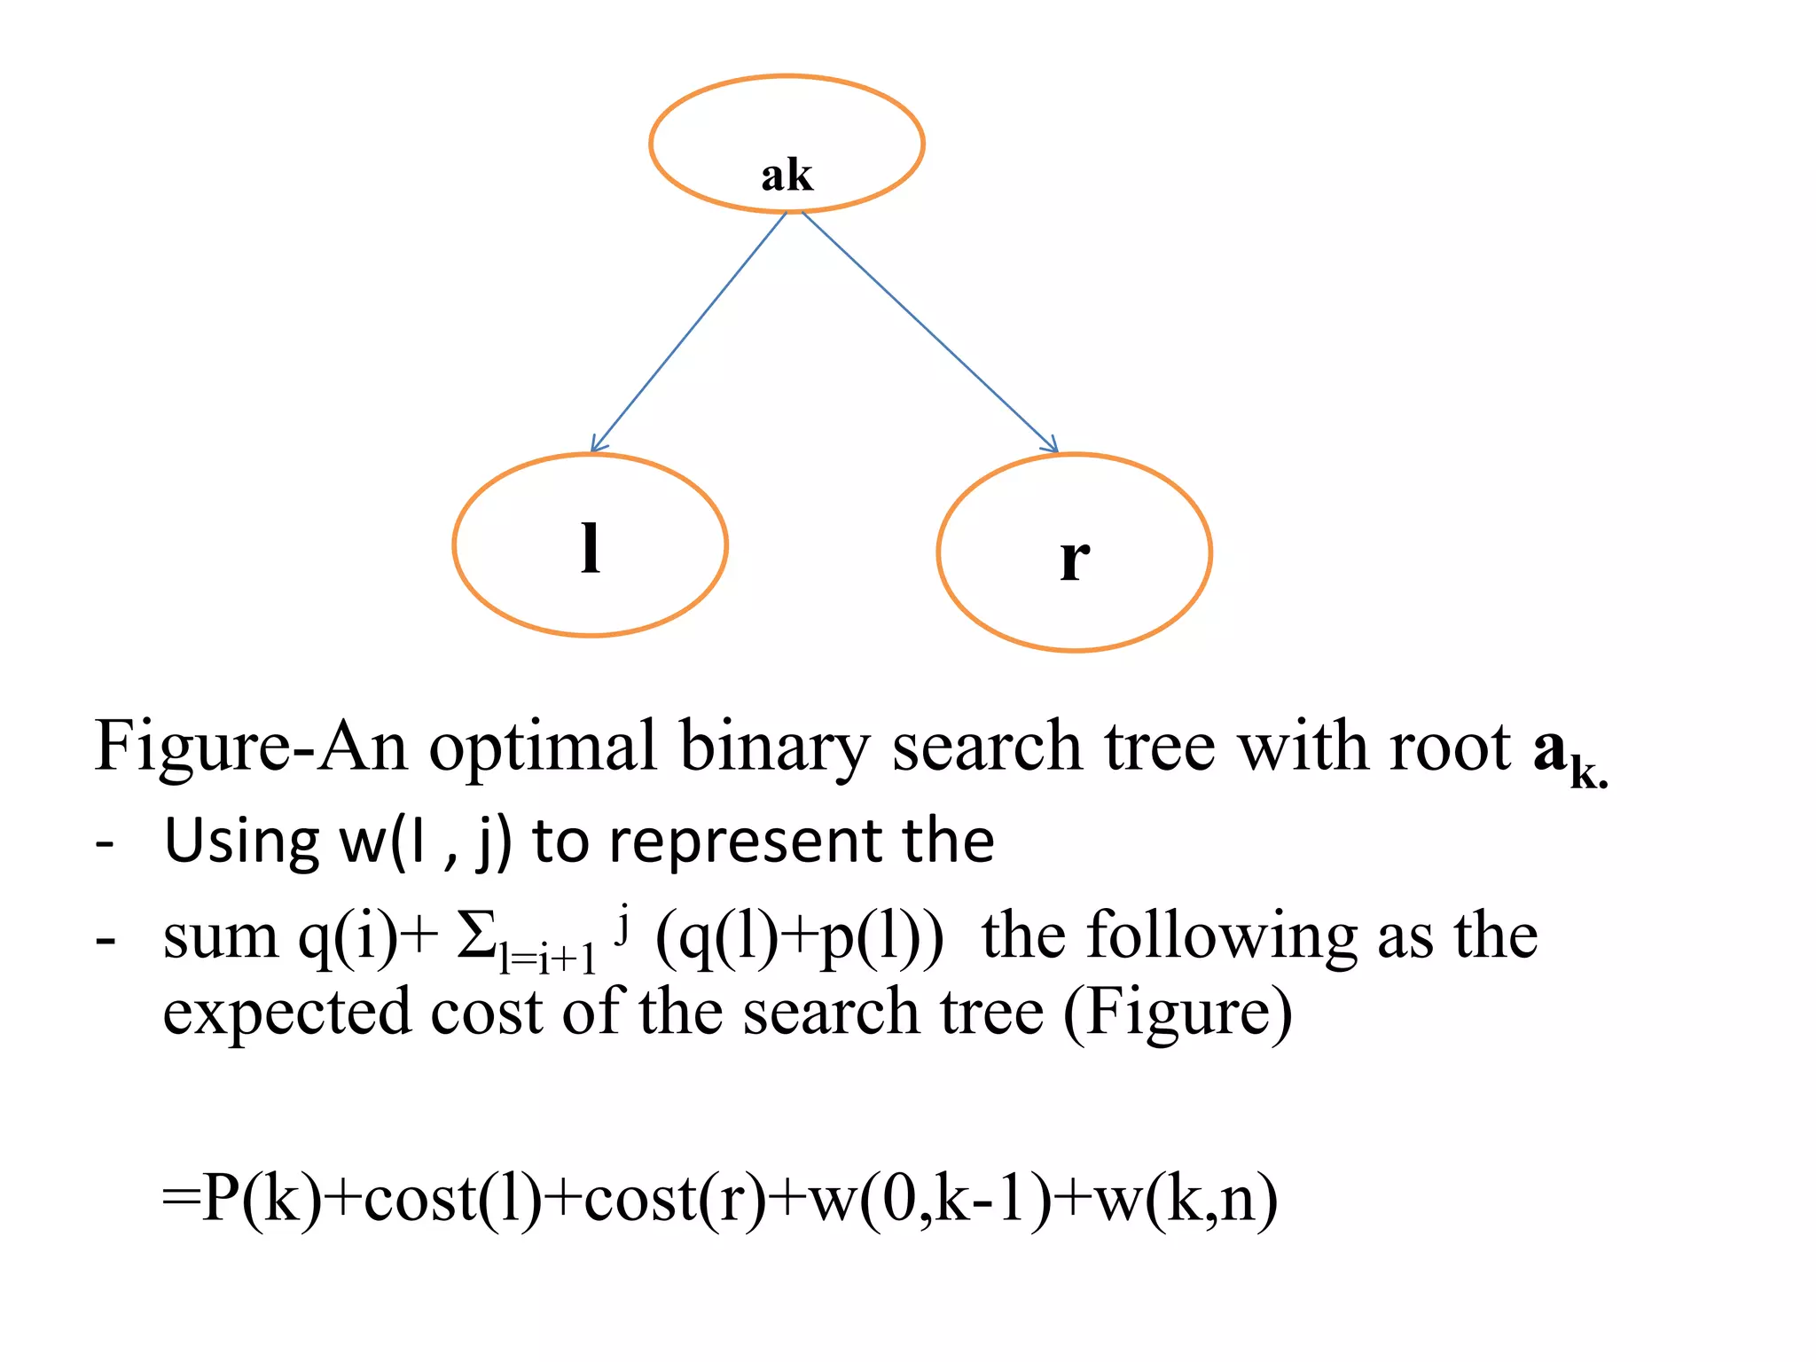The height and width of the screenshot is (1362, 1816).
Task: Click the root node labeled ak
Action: point(787,145)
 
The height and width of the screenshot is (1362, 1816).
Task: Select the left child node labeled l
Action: point(590,545)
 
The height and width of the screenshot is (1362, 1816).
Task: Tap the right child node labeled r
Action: point(1074,552)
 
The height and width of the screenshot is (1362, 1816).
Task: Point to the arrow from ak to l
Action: point(688,332)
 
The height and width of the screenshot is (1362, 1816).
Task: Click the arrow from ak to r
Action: point(929,332)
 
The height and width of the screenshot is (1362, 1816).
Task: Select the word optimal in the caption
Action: point(543,748)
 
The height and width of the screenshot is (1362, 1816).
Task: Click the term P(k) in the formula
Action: point(262,1199)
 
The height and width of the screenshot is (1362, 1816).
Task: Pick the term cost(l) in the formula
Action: point(452,1199)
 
